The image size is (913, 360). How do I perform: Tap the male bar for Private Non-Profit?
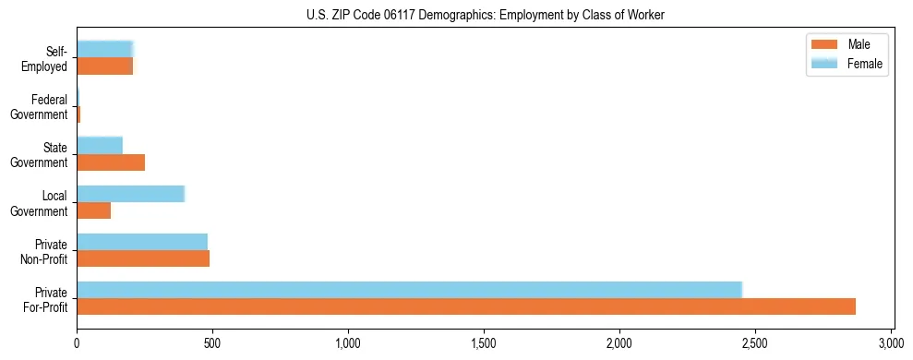click(x=143, y=258)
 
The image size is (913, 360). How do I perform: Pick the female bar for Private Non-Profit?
click(x=142, y=242)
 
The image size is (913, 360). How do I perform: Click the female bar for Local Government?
click(x=130, y=194)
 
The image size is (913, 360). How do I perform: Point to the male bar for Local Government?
click(x=93, y=210)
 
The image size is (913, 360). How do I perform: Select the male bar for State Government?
click(x=111, y=162)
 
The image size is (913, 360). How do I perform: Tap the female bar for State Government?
click(x=99, y=146)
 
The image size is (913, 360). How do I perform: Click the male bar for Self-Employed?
click(x=104, y=66)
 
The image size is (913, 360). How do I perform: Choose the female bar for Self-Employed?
click(x=105, y=50)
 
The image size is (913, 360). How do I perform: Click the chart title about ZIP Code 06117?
click(x=485, y=15)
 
